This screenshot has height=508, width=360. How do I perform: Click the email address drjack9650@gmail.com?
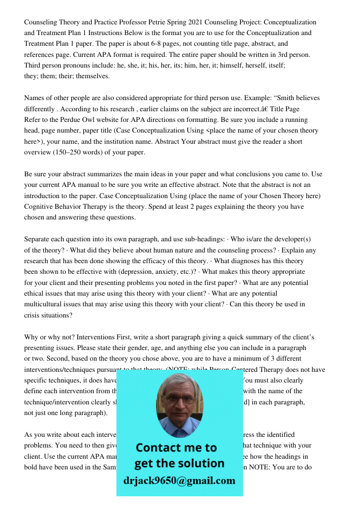tap(179, 481)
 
